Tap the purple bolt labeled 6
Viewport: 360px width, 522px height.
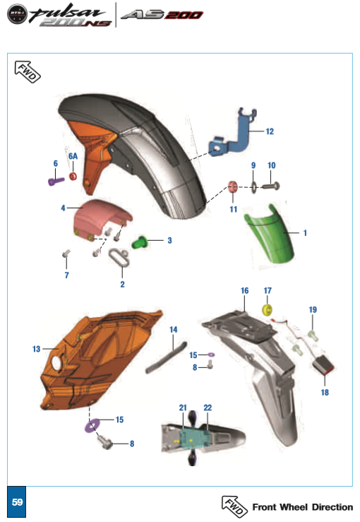(55, 181)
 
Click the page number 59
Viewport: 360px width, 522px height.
(18, 502)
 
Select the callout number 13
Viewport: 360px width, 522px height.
(37, 348)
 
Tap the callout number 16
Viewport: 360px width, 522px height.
(244, 291)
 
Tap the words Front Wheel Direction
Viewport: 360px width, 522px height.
(302, 507)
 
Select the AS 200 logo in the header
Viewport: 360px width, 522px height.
(162, 15)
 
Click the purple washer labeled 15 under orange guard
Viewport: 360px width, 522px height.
(91, 426)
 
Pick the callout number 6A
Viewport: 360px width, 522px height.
(73, 156)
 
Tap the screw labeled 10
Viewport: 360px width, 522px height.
(272, 186)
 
